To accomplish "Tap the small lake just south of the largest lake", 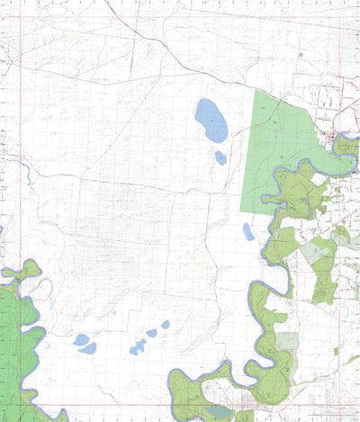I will (x=220, y=158).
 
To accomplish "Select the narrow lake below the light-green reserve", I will (x=248, y=232).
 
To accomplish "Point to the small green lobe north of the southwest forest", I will (x=30, y=269).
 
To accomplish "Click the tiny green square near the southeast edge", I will (x=337, y=351).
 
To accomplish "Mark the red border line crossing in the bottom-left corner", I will (x=21, y=405).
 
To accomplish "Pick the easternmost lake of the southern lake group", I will (x=166, y=324).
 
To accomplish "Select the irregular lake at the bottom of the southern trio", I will (x=138, y=347).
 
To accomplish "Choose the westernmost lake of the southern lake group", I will (x=81, y=339).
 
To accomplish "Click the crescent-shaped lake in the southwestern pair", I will (x=88, y=348).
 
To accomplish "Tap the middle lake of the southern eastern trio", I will (x=152, y=333).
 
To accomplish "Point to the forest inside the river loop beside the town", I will (x=346, y=147).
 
